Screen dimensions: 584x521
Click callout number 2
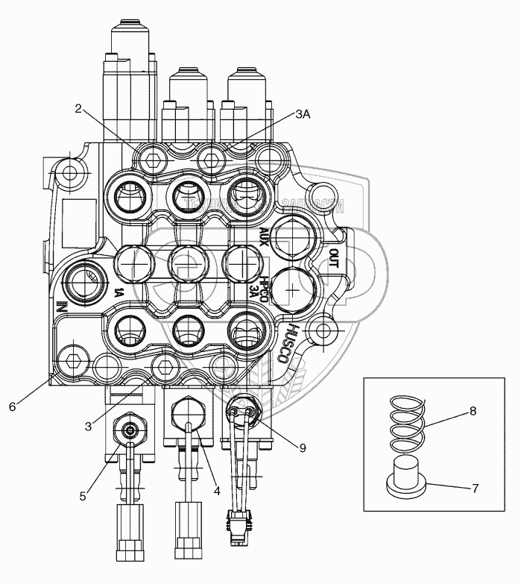pyautogui.click(x=78, y=109)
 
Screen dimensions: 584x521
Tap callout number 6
pyautogui.click(x=11, y=406)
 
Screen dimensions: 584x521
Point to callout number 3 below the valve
pyautogui.click(x=89, y=426)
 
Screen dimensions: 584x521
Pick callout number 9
pyautogui.click(x=303, y=448)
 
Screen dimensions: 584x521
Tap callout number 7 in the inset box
pyautogui.click(x=473, y=489)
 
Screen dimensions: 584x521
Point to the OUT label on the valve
pyautogui.click(x=333, y=259)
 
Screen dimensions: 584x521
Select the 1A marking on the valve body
pyautogui.click(x=118, y=292)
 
